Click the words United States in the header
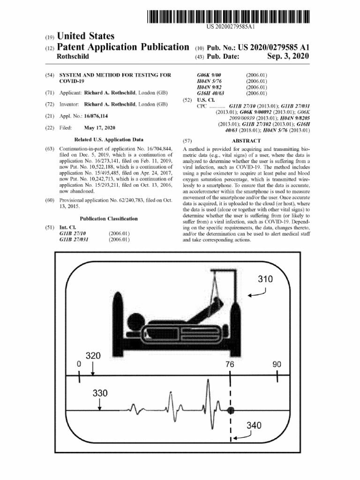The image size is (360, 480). click(x=86, y=36)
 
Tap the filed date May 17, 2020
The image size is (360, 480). click(x=99, y=128)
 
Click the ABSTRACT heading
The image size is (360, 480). click(x=246, y=141)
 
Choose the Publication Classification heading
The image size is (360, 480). click(x=109, y=218)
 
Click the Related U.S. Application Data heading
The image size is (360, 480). click(x=109, y=140)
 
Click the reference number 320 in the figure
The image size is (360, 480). click(x=93, y=356)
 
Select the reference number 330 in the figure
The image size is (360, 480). click(x=100, y=393)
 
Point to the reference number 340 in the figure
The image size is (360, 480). click(x=254, y=426)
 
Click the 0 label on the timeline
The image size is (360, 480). click(x=79, y=364)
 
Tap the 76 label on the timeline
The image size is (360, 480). click(x=230, y=364)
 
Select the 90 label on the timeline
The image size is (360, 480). click(x=277, y=364)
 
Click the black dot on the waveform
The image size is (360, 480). click(x=230, y=410)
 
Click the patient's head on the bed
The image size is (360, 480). click(x=135, y=323)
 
